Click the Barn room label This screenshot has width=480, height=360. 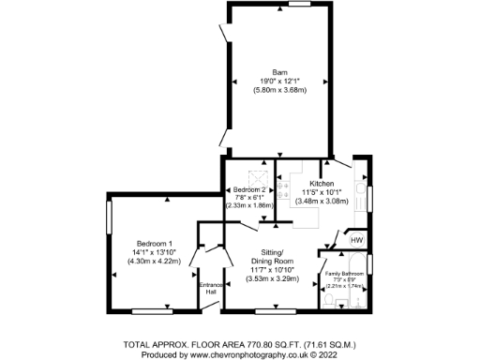pos(278,72)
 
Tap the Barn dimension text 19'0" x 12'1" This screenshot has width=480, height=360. pos(278,81)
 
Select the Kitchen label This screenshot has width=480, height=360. pos(322,184)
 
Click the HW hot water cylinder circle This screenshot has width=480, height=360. pos(356,241)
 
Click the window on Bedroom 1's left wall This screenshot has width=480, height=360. pos(109,218)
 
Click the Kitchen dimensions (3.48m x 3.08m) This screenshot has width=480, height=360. pos(322,201)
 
